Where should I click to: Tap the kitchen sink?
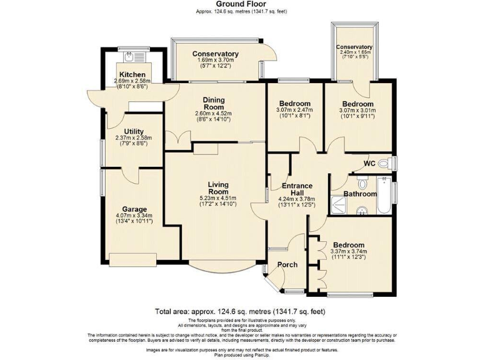coord(129,57)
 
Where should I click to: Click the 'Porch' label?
coord(287,264)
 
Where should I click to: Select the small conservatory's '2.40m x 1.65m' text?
coord(354,53)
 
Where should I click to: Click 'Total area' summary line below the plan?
coord(239,311)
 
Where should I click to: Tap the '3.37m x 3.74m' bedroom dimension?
coord(349,252)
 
